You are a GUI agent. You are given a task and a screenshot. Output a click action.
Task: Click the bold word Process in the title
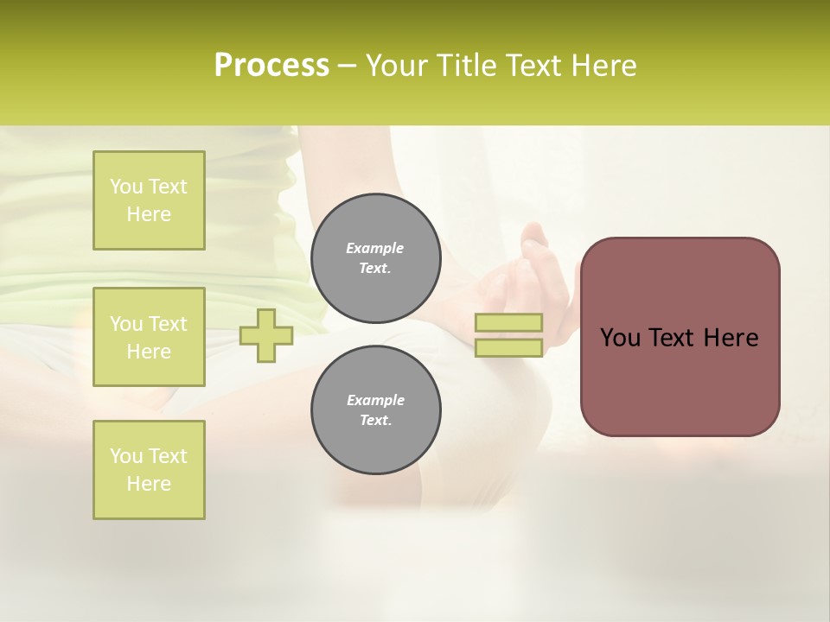tap(271, 66)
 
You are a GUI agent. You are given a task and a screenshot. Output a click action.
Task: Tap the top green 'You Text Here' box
tap(149, 200)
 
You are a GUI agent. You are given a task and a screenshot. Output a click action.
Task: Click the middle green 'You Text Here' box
tap(149, 337)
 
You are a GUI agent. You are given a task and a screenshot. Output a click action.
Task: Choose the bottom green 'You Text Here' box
tap(149, 470)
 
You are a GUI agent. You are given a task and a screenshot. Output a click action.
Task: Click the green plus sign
tap(265, 335)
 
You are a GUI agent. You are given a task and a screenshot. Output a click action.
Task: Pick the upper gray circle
tap(375, 258)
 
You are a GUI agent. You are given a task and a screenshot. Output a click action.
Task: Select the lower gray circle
tap(375, 410)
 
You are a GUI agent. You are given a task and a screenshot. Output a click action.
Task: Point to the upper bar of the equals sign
tap(508, 323)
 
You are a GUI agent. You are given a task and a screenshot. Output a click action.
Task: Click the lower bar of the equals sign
tap(508, 348)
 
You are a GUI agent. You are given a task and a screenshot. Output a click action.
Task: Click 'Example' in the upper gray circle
tap(375, 248)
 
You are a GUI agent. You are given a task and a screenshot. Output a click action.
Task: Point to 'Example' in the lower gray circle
tap(375, 400)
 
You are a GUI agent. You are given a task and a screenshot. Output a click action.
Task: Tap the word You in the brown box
tap(620, 338)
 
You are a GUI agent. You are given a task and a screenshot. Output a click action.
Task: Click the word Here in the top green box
tap(149, 214)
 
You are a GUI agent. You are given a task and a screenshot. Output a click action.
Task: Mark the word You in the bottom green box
tap(126, 456)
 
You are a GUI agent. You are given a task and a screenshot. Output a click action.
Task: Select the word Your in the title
tap(399, 66)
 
